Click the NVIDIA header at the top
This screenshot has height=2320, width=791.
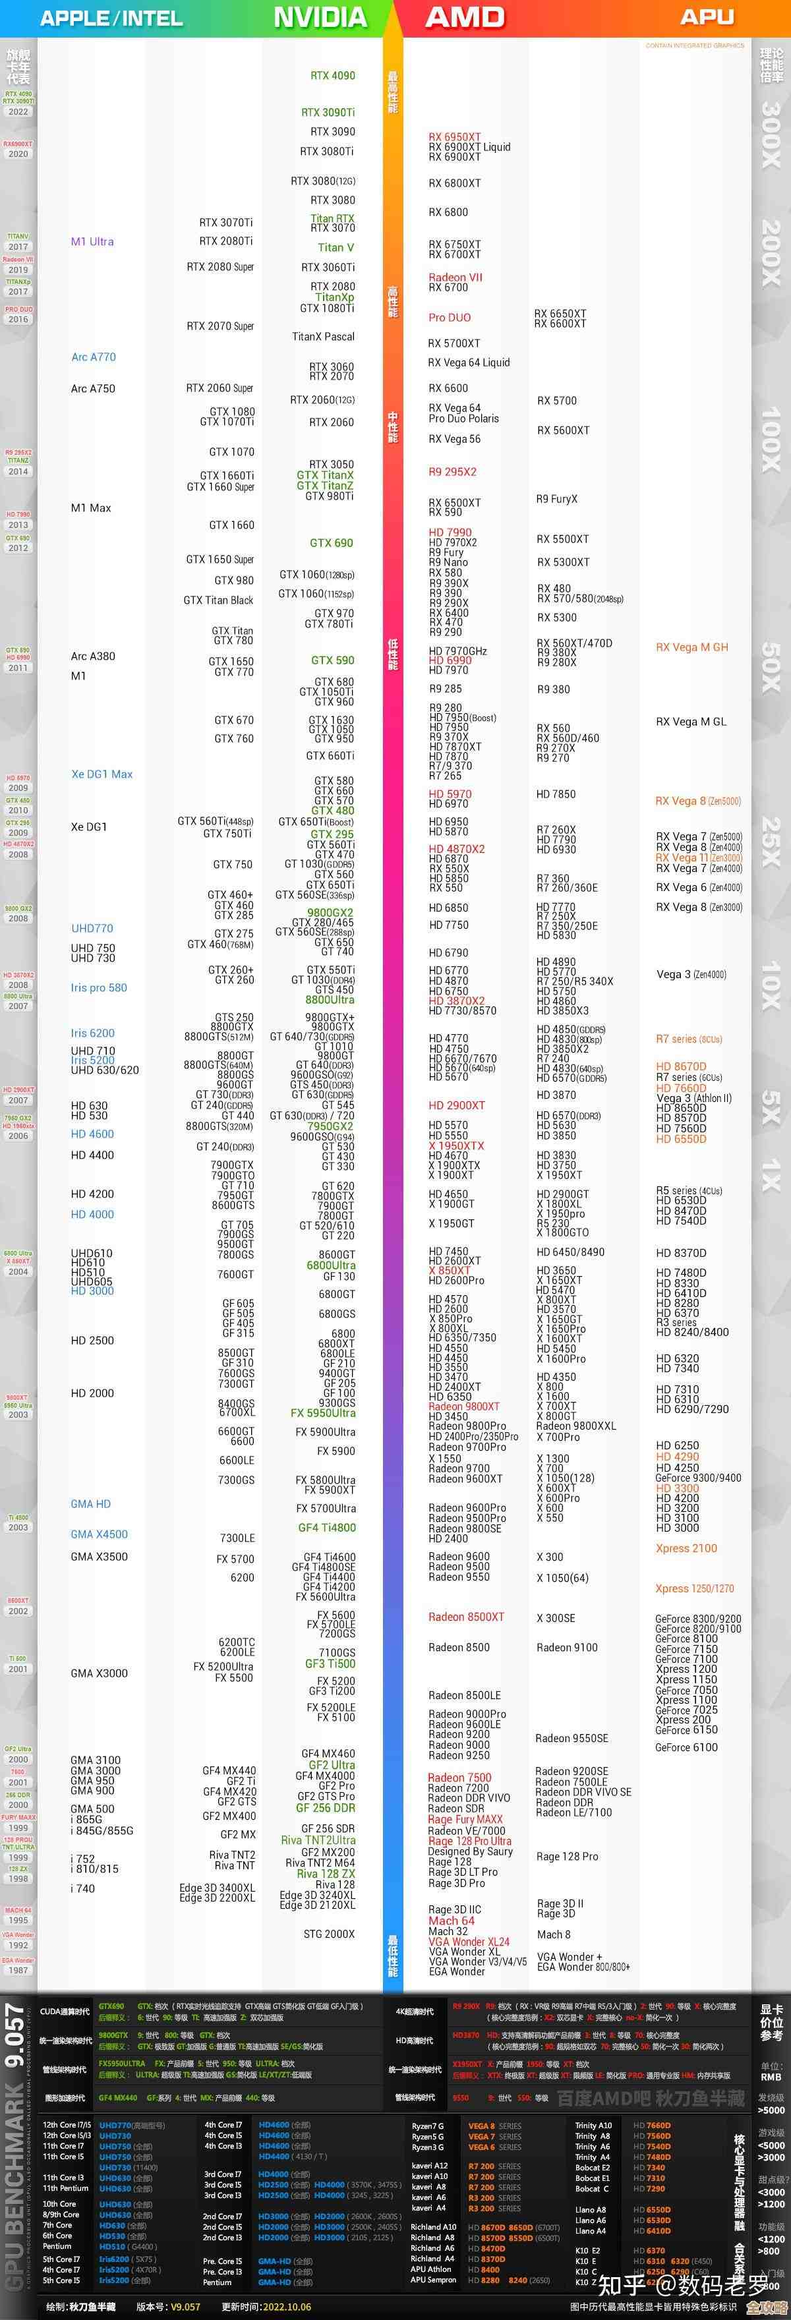(x=320, y=17)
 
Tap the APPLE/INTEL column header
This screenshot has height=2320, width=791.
(x=111, y=18)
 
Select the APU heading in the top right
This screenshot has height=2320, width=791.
(x=707, y=17)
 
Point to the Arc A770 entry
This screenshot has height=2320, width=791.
(x=94, y=357)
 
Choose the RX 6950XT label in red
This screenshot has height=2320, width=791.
(x=454, y=137)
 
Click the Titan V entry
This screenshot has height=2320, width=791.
(x=335, y=248)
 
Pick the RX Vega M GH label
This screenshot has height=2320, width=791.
(x=692, y=647)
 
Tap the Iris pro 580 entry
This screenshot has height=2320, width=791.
(x=99, y=987)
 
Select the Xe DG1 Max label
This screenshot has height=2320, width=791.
(x=102, y=774)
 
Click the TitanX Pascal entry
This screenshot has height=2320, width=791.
(x=324, y=337)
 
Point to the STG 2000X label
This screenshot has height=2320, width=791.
(x=329, y=1934)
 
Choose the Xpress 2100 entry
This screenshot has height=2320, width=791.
(x=686, y=1548)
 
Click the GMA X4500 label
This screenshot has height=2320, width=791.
(x=99, y=1534)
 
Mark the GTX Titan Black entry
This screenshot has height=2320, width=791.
(x=218, y=600)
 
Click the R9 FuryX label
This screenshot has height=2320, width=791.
(x=557, y=499)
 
